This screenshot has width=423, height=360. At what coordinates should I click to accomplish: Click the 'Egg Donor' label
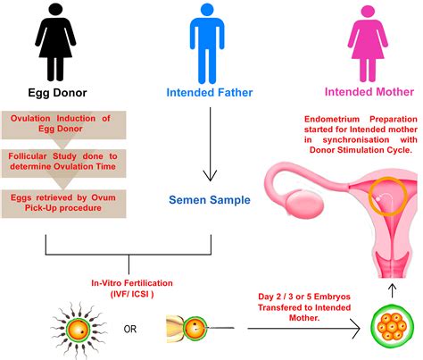point(55,92)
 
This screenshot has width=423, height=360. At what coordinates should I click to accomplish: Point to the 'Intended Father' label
point(211,92)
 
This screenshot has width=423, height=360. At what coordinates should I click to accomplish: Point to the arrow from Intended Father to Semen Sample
point(211,143)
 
